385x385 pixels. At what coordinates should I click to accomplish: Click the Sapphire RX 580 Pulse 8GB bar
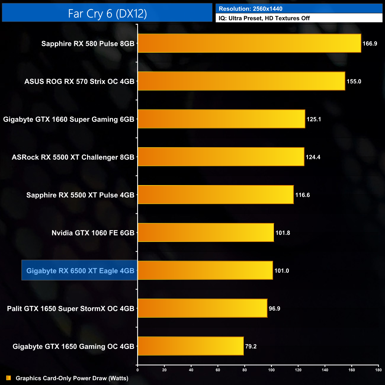tap(249, 43)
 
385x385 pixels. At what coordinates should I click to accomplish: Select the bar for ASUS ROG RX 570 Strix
tap(241, 81)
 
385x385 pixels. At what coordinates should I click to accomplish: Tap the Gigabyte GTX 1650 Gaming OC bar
tap(191, 346)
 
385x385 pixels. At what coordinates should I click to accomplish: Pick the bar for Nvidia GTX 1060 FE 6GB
tap(206, 232)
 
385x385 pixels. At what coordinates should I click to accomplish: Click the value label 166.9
tap(370, 44)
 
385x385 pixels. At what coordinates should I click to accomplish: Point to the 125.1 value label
tap(314, 119)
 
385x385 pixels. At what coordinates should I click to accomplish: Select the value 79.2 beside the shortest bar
tap(251, 346)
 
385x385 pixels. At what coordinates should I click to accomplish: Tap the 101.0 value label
tap(281, 271)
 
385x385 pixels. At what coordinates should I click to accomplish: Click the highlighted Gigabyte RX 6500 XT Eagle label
tap(80, 271)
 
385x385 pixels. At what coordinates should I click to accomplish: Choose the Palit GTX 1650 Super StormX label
tap(70, 309)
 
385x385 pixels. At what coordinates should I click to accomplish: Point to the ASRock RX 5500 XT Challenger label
tap(73, 157)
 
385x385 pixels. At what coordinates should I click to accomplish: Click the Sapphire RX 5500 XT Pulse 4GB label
tap(80, 195)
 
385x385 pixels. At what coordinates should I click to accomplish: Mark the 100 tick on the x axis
tap(271, 370)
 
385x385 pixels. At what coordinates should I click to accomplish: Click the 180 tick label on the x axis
tap(378, 370)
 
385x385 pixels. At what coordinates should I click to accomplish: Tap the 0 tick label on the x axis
tap(137, 370)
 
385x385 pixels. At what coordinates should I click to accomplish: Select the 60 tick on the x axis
tap(218, 370)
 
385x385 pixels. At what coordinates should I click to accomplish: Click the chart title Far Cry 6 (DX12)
tap(107, 13)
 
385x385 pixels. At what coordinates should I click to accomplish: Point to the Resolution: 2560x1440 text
tap(251, 9)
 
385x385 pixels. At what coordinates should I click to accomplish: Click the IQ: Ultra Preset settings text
tap(264, 18)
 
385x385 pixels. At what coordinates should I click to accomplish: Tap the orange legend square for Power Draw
tap(9, 378)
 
